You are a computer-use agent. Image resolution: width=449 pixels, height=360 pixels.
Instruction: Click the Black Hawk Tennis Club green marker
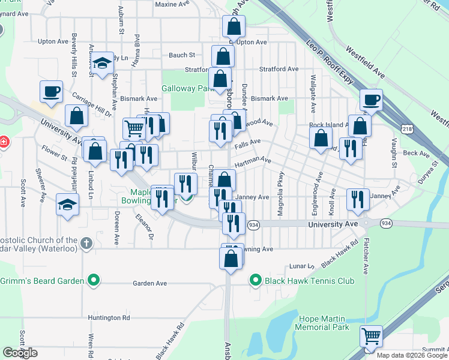tap(255, 280)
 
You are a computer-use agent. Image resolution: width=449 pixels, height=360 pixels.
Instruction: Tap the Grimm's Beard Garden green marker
tap(93, 280)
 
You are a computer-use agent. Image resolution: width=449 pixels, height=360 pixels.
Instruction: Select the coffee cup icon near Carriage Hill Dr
tap(51, 92)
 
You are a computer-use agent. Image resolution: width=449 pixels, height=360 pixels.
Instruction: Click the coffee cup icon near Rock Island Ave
tap(372, 100)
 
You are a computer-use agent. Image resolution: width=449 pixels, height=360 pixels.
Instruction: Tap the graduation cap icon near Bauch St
tap(103, 63)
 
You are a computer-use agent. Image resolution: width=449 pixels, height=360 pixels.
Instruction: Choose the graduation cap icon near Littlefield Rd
tap(68, 205)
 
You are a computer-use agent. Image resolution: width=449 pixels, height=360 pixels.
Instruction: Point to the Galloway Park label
tap(187, 88)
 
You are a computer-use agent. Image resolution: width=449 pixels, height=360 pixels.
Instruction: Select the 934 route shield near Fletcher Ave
tap(386, 223)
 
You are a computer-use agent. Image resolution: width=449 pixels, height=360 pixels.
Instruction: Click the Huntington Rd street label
tap(109, 317)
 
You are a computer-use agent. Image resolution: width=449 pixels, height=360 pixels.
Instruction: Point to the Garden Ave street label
tap(149, 283)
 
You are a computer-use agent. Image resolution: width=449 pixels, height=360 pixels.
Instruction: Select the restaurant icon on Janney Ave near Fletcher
tap(358, 200)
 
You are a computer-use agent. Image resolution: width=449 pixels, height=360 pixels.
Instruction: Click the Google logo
tap(20, 353)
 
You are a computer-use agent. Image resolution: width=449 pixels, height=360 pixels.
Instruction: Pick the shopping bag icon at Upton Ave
tap(234, 26)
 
